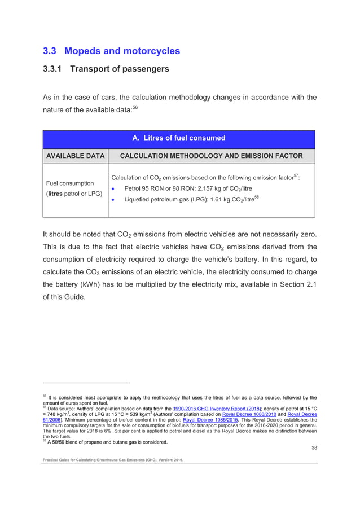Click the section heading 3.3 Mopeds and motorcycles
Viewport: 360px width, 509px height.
(112, 51)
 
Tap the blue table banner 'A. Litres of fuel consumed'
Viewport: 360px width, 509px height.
(178, 138)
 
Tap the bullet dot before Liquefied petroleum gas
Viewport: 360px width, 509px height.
(114, 200)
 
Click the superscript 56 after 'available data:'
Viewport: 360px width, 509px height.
(135, 107)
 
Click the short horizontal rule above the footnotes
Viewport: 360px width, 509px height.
(86, 384)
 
